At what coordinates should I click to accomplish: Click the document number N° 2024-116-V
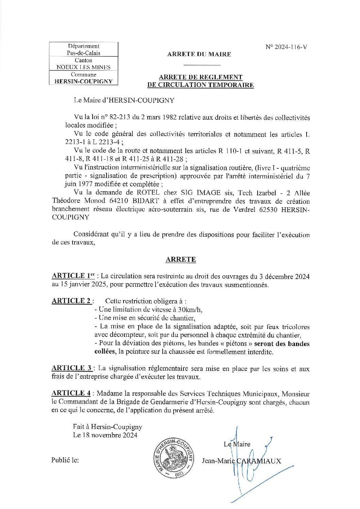click(x=286, y=47)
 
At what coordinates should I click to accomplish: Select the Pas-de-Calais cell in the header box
click(x=83, y=53)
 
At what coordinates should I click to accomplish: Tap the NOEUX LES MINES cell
click(x=83, y=67)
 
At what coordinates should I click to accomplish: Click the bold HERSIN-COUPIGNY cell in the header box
click(x=83, y=82)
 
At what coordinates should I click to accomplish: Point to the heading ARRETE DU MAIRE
click(x=199, y=54)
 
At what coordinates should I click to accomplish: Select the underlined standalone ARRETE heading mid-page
click(x=181, y=260)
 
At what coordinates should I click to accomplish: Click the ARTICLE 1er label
click(x=73, y=276)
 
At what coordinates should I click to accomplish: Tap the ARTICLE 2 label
click(x=71, y=301)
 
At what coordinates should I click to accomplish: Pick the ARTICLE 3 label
click(x=71, y=368)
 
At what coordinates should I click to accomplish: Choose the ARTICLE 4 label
click(x=71, y=393)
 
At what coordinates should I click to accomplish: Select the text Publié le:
click(x=65, y=460)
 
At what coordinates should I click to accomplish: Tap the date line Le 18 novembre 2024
click(x=105, y=435)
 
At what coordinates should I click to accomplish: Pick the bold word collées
click(x=105, y=352)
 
